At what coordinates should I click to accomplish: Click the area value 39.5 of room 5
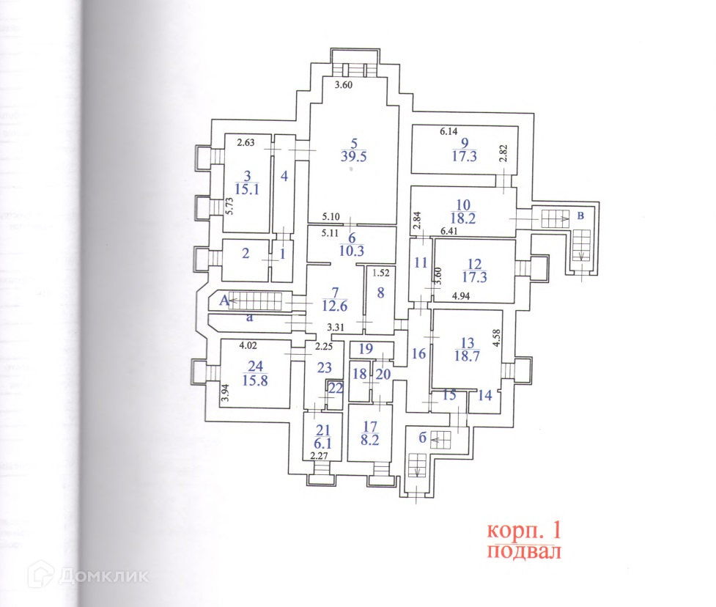click(x=353, y=155)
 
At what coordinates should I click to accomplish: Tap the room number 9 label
click(x=463, y=143)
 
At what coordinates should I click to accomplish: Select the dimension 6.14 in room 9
click(x=449, y=131)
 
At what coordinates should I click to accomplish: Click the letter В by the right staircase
click(x=580, y=216)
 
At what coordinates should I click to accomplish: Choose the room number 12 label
click(x=476, y=264)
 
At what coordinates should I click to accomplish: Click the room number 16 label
click(x=418, y=354)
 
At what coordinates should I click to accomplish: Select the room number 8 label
click(x=380, y=293)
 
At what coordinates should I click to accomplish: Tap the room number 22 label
click(x=335, y=388)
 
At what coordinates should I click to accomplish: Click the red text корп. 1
click(x=526, y=529)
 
